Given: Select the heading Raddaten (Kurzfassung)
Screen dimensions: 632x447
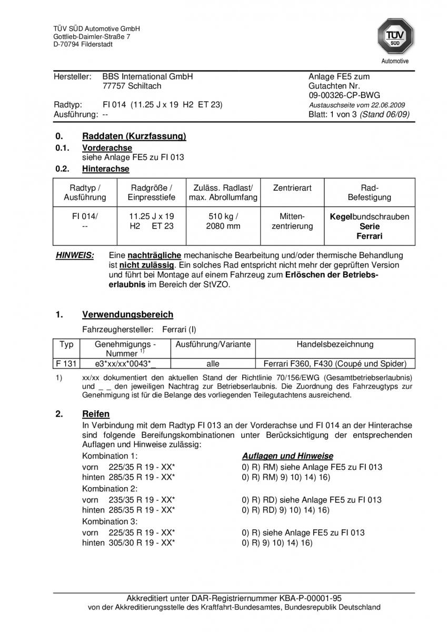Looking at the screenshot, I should click(134, 136).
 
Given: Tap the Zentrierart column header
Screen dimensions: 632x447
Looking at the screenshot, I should click(292, 188).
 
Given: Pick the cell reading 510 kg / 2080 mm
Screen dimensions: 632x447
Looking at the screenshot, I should click(223, 221).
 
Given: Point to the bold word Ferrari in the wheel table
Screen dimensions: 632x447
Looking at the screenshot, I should click(369, 236).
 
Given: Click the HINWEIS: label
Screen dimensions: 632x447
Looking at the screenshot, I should click(75, 255).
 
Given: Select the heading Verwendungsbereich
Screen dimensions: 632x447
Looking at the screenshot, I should click(127, 314).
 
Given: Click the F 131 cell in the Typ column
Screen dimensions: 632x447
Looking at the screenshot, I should click(66, 363).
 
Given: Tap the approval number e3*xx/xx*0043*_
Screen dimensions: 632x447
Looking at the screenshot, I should click(125, 363).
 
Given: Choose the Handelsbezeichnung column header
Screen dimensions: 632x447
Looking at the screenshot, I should click(335, 344).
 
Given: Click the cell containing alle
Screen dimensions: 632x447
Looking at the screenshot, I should click(213, 363).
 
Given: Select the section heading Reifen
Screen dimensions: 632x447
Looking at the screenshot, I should click(96, 414).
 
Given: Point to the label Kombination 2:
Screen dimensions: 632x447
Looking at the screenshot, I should click(110, 489).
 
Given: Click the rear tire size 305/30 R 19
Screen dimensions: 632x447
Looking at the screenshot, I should click(136, 542).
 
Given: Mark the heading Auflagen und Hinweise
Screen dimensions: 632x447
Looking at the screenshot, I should click(287, 456).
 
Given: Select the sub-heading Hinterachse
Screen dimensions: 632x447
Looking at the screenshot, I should click(105, 169).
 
